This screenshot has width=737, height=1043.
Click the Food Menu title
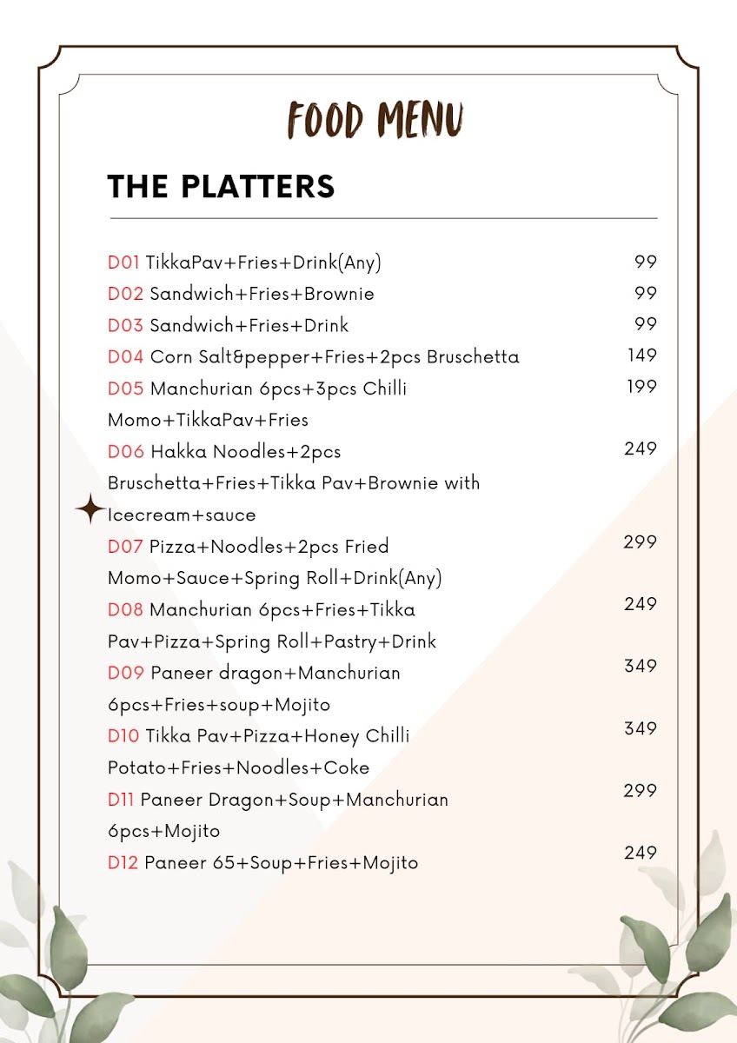pos(375,120)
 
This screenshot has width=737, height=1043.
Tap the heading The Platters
pos(221,186)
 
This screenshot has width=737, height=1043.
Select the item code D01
pos(123,262)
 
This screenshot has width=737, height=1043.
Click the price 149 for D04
pos(642,355)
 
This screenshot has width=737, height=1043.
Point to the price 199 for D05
pos(642,386)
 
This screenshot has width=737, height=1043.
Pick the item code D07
pos(125,547)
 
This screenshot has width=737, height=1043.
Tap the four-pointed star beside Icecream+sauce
pos(90,509)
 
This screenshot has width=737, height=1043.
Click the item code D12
pos(123,863)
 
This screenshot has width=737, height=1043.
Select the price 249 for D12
pos(641,853)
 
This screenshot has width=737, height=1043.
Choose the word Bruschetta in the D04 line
pos(473,357)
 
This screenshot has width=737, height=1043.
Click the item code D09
pos(126,673)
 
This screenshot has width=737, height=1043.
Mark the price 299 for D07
pos(641,541)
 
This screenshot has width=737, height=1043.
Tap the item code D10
pos(123,736)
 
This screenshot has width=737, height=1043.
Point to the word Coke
pos(347,767)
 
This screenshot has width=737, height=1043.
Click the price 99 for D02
pos(646,293)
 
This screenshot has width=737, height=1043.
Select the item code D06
pos(126,452)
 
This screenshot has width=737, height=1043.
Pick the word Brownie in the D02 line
pos(338,294)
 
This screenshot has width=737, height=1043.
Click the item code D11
pos(121,800)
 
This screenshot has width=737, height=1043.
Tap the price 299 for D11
pos(641,790)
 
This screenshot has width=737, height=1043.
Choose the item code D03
pos(125,326)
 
